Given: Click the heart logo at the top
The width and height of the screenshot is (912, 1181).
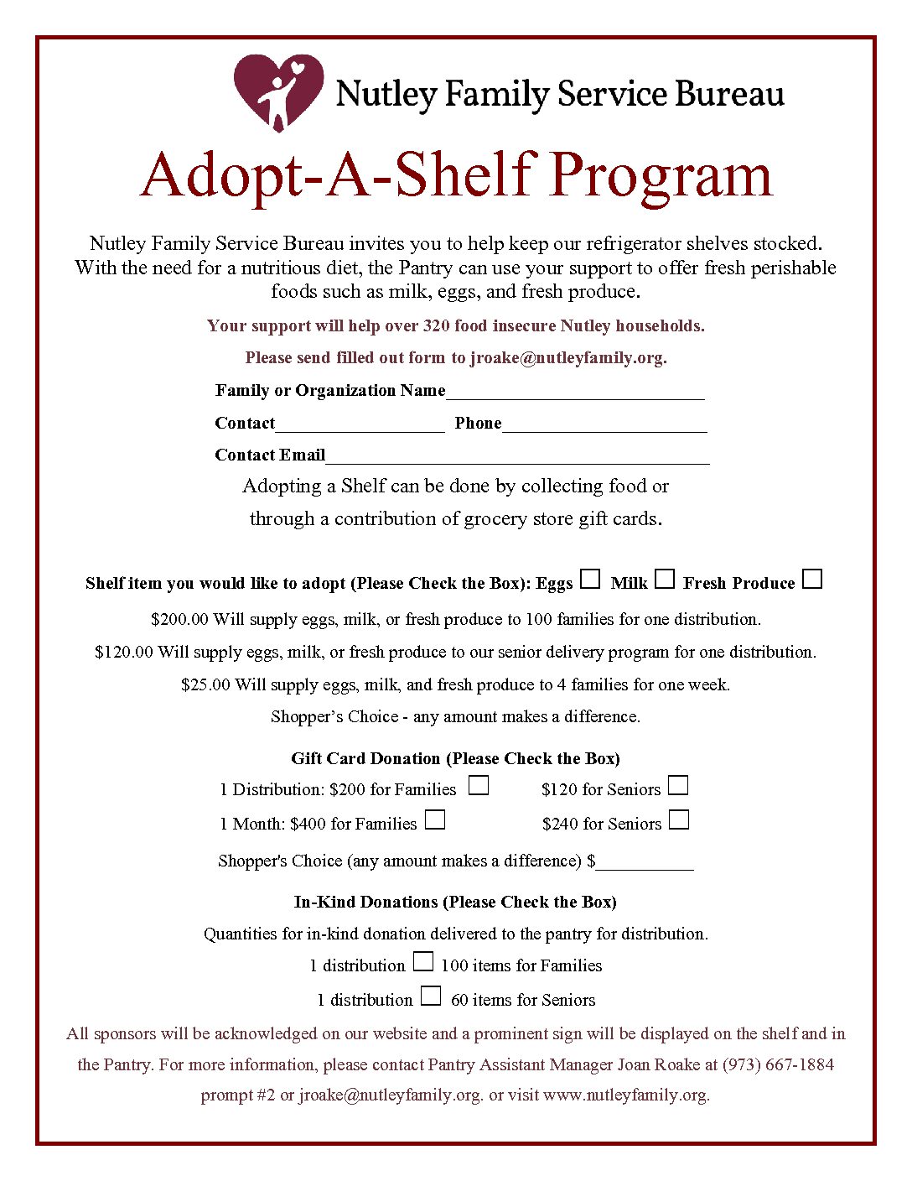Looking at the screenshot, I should (277, 91).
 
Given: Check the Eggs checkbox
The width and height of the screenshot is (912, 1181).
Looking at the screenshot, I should (591, 579).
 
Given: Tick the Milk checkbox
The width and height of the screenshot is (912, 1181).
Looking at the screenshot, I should (665, 579).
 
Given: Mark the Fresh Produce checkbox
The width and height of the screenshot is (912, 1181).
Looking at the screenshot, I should (811, 579).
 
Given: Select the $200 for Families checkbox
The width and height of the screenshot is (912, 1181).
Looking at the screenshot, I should (478, 786).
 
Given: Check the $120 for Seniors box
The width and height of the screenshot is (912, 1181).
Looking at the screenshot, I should (678, 786).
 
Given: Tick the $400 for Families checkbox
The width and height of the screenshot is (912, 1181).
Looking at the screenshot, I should (434, 819).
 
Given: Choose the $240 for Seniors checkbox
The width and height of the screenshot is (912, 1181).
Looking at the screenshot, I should (679, 819).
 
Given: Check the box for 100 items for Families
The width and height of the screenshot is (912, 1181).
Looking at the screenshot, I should (423, 961).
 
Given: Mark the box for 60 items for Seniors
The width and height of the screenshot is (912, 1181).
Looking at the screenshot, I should (431, 996).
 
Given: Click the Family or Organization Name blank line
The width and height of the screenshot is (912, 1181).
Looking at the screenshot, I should (575, 393).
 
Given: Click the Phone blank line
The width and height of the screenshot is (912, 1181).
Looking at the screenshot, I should (604, 425).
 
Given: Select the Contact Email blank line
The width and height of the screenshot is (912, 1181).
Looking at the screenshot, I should (517, 457).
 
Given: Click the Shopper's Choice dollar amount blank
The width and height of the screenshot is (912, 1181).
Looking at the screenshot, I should (645, 863).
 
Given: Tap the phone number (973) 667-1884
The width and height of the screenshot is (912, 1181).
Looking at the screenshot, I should (778, 1064).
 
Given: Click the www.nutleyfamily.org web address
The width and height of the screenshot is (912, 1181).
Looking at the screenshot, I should (625, 1095).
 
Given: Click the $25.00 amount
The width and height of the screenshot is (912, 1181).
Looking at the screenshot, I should (205, 684).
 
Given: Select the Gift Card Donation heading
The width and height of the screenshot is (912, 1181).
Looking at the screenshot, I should (455, 758).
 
